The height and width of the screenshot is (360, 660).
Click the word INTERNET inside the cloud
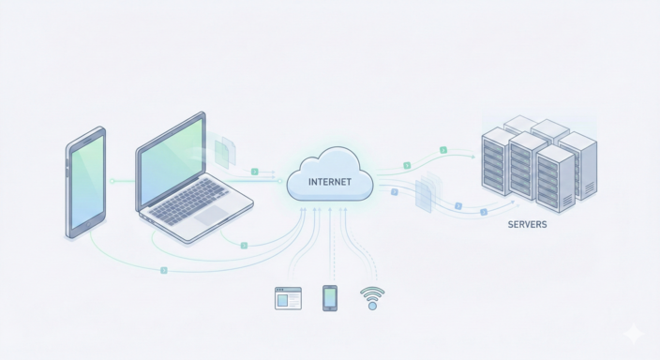pos(329,183)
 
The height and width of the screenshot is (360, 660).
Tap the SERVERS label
pos(528,225)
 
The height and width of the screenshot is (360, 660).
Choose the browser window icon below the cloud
pos(288,298)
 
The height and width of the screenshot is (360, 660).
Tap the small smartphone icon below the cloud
pos(329,297)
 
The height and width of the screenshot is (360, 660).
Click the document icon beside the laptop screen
pos(224,152)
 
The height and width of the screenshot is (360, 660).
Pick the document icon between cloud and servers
pos(425,193)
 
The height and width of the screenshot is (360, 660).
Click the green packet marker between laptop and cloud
pos(254,172)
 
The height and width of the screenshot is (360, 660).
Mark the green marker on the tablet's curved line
pos(163,270)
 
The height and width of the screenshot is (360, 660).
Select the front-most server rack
pos(555,178)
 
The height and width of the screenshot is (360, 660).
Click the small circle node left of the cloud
pos(286,180)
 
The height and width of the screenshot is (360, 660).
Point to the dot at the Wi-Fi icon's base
pos(371,305)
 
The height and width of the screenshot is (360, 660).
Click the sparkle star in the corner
pos(635,335)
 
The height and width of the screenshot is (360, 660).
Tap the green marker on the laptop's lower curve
pos(244,246)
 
